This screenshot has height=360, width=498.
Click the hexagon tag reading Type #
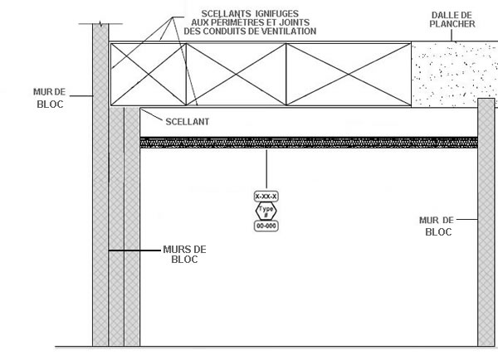point(266,211)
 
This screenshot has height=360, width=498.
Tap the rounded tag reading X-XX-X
point(266,197)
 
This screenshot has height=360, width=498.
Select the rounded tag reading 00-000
point(266,226)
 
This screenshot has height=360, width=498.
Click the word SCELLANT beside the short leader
point(188,122)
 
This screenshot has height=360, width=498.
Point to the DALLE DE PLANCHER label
point(452,20)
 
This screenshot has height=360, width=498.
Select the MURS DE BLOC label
point(184,255)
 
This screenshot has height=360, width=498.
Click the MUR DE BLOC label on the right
point(437,226)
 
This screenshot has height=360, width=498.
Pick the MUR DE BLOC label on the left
point(50,98)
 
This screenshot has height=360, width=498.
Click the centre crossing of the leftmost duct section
point(149,75)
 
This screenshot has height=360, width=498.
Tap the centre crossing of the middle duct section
point(236,75)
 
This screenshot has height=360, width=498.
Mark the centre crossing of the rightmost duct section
point(349,75)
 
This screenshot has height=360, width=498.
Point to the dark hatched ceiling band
point(309,143)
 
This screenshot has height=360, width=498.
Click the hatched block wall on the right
point(486,222)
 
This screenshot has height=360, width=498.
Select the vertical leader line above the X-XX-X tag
point(266,169)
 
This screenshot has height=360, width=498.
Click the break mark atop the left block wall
point(101,24)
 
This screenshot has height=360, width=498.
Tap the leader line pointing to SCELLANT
point(152,114)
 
